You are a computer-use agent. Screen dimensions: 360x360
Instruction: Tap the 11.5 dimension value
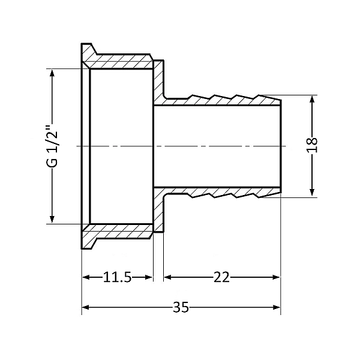tap(117, 277)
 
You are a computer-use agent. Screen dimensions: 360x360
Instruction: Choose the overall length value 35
tap(181, 307)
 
